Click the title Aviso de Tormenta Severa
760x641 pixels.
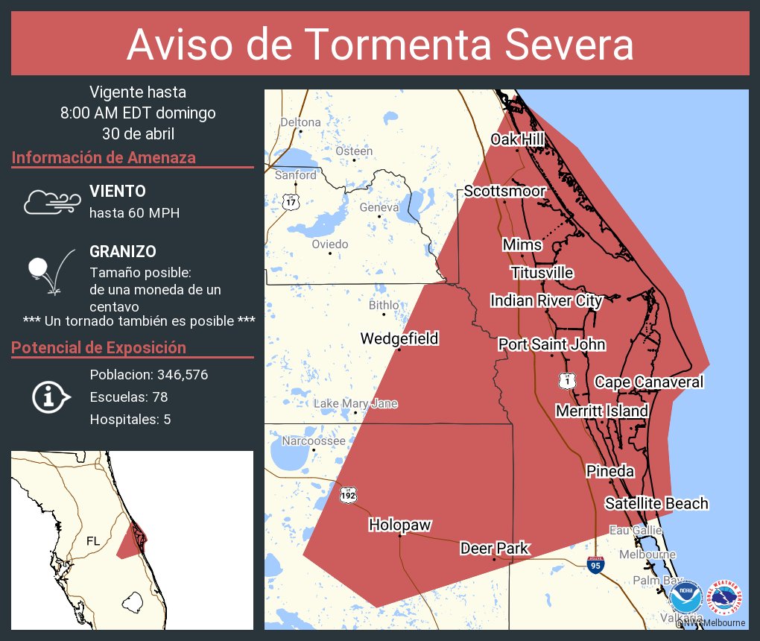(x=380, y=45)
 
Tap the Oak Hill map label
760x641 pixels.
(x=517, y=139)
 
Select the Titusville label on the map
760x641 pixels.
(x=542, y=273)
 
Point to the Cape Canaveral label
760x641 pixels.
(x=648, y=382)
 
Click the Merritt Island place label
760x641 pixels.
(x=602, y=411)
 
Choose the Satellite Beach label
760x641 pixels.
(x=656, y=504)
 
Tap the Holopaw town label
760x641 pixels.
(x=400, y=525)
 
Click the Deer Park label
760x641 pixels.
(x=494, y=549)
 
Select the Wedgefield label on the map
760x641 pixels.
(x=399, y=338)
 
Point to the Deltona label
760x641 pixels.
(x=300, y=122)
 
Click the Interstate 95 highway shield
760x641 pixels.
(x=595, y=565)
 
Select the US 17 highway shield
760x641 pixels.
(x=290, y=201)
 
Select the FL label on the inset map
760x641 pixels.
(x=93, y=540)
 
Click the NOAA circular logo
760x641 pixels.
(x=685, y=597)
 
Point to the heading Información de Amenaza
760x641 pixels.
(x=104, y=158)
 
